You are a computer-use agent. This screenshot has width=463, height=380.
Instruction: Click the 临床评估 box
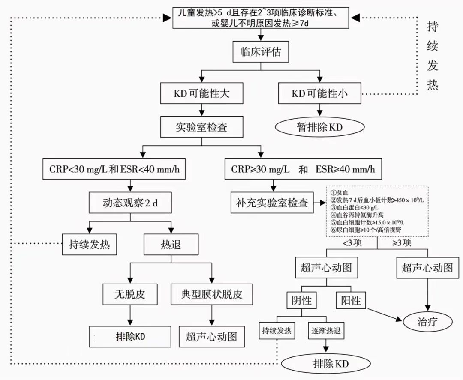pos(260,53)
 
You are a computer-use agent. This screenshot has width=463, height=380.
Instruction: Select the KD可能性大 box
pos(201,93)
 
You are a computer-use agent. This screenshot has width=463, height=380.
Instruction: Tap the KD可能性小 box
pos(319,93)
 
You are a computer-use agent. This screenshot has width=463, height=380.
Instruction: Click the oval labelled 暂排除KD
pos(319,127)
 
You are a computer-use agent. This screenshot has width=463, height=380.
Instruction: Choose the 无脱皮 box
pos(130,295)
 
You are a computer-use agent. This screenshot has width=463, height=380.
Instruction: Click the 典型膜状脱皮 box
pos(211,295)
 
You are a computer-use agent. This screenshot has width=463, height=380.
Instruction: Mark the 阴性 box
pos(305,301)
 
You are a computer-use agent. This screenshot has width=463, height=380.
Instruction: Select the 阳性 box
pos(350,301)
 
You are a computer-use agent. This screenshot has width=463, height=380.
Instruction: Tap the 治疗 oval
pos(427,322)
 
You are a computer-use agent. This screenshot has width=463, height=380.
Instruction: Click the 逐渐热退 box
pos(326,331)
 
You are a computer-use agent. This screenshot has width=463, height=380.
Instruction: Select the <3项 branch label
pos(353,243)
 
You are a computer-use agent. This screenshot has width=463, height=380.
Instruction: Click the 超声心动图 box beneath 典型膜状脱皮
pos(211,336)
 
